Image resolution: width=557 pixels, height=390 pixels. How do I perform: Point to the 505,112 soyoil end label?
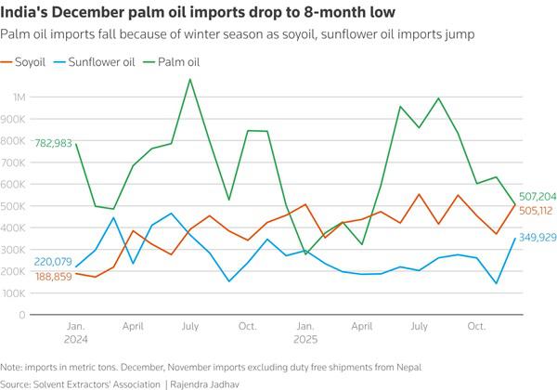pyautogui.click(x=534, y=210)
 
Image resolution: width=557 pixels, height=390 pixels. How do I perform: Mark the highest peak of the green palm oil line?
pyautogui.click(x=190, y=79)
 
